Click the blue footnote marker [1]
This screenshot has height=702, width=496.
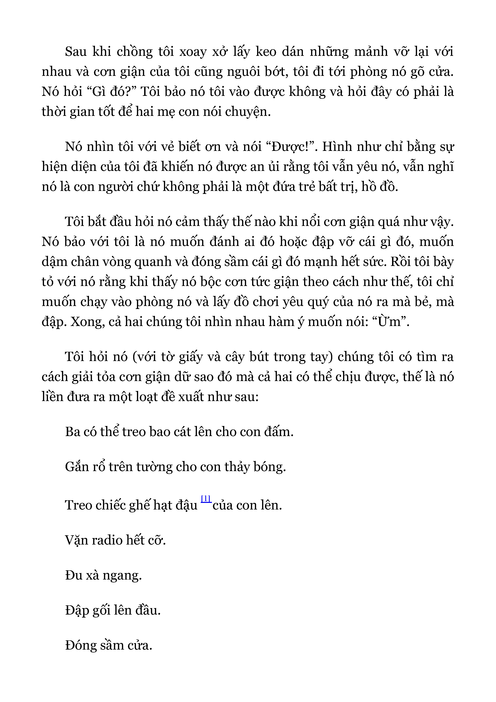pos(206,499)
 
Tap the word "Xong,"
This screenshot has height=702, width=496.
pos(88,322)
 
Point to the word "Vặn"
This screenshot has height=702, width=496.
pos(76,540)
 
